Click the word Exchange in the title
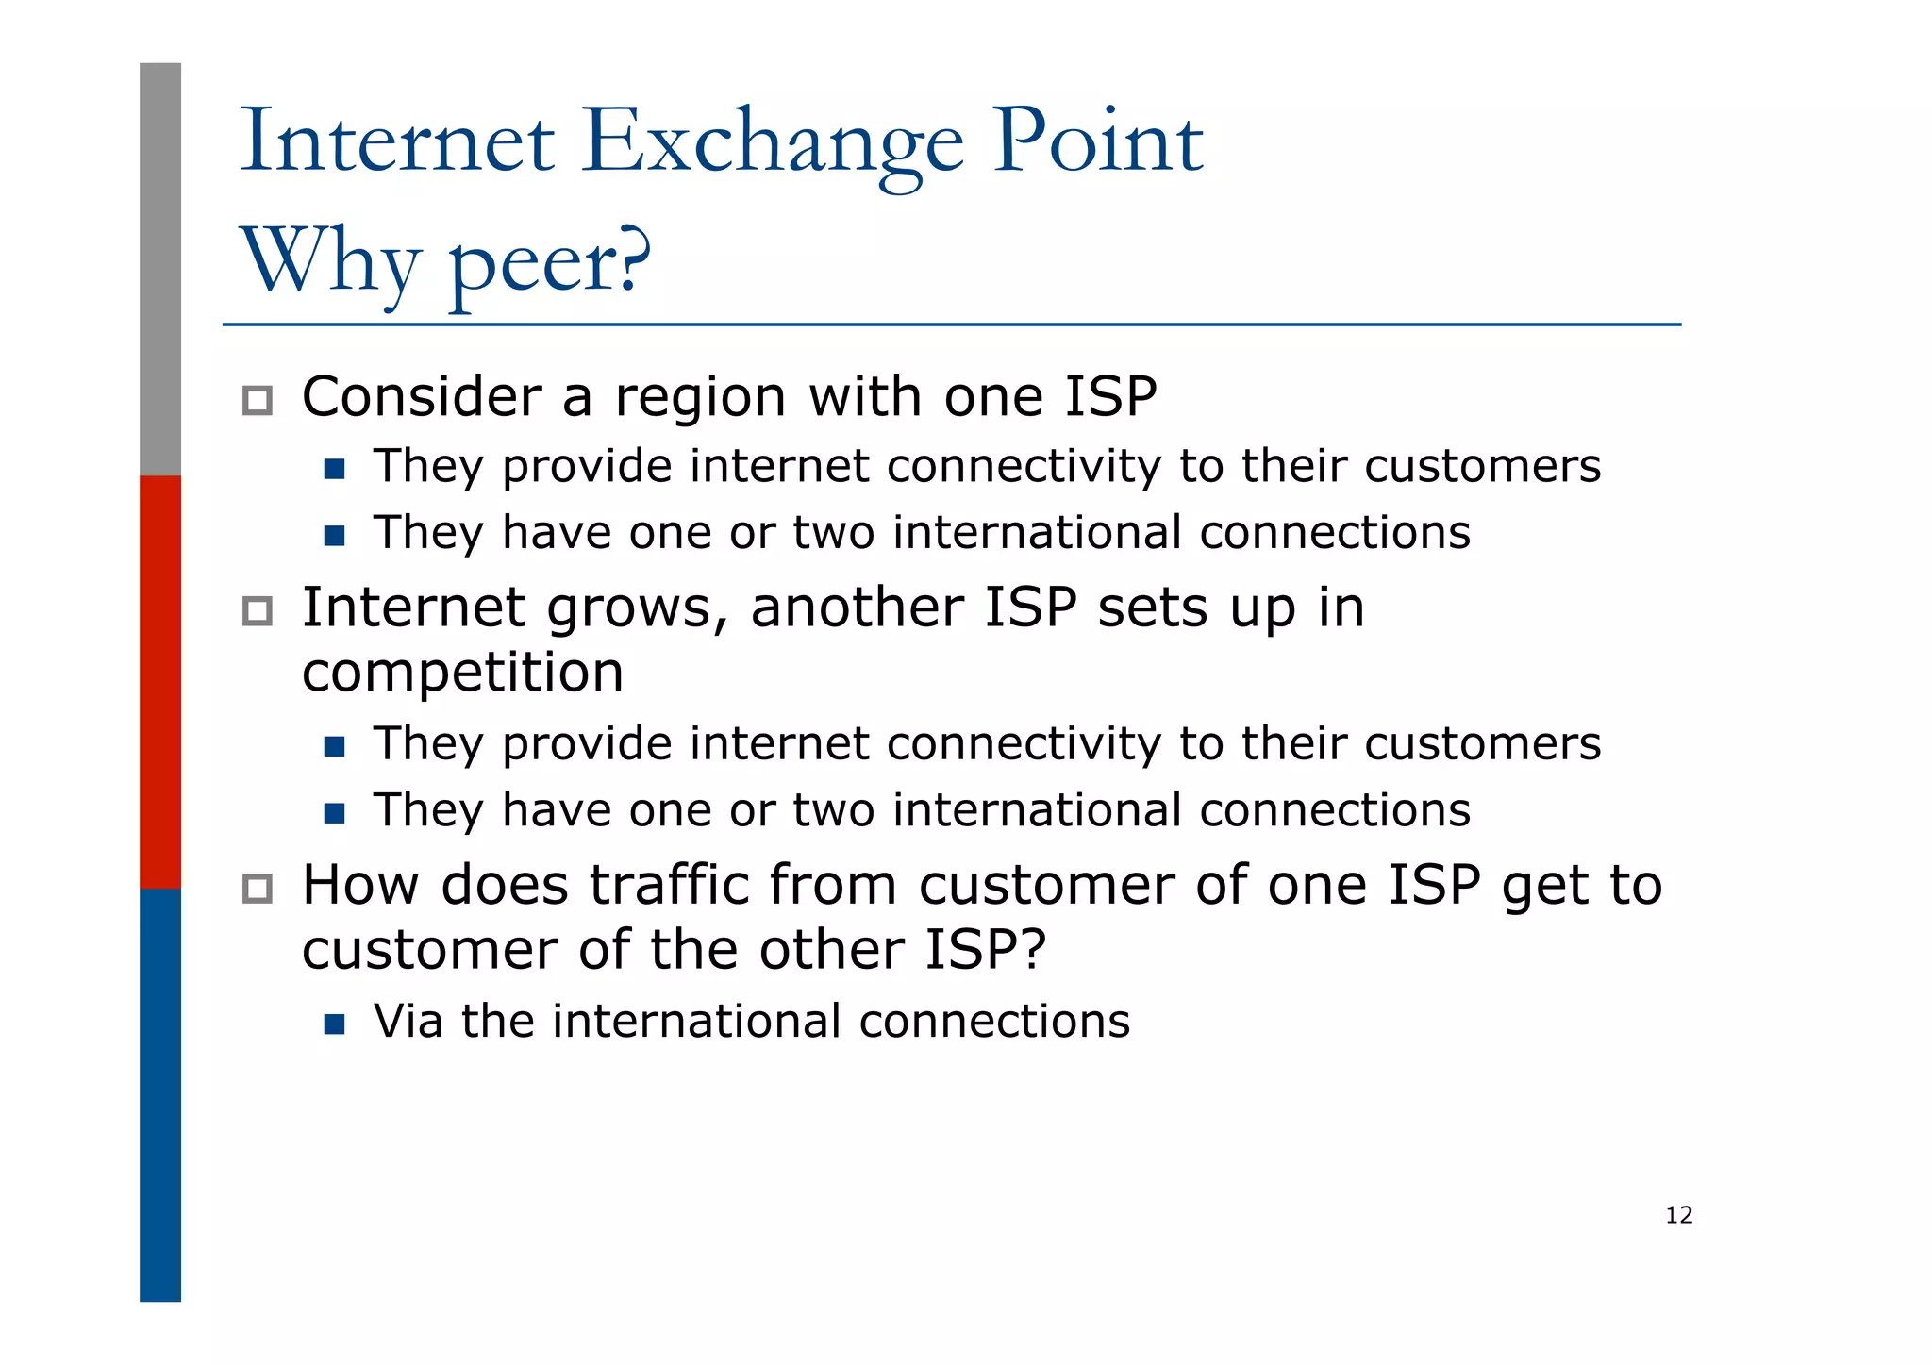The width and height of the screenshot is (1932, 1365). [773, 143]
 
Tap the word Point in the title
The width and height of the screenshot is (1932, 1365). [1098, 143]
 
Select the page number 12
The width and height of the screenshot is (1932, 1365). [1678, 1215]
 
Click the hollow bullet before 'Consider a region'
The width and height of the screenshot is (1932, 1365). [257, 400]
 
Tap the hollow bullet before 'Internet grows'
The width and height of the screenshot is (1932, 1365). [257, 610]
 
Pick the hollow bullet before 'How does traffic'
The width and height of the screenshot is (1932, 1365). [257, 888]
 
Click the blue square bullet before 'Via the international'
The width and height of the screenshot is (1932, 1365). [334, 1024]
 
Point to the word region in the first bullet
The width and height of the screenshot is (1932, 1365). [700, 398]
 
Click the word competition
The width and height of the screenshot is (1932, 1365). [462, 673]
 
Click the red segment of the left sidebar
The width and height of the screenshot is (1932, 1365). [160, 681]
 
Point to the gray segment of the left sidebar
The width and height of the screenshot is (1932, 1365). [160, 269]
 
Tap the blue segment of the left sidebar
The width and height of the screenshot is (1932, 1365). [160, 1094]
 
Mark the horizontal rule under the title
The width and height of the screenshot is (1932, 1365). [951, 325]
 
